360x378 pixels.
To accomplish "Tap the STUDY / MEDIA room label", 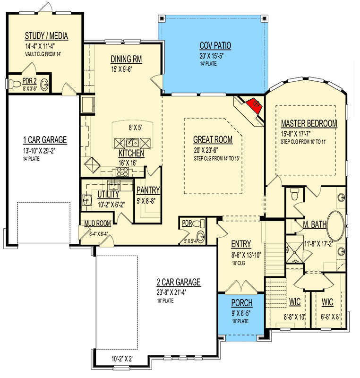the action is point(46,36).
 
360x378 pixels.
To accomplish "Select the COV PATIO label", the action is point(215,45).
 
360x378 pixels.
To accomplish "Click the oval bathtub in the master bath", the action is point(335,226).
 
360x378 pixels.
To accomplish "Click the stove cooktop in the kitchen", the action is point(122,172).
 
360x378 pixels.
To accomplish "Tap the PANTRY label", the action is point(148,190).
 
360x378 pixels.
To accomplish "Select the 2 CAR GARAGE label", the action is point(179,282).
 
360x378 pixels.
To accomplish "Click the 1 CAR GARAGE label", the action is point(45,140).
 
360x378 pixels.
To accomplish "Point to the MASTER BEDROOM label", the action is point(309,123).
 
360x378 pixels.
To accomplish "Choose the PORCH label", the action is point(242,303).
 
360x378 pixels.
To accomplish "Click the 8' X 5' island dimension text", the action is point(135,128).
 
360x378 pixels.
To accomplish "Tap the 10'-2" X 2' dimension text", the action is point(122,359).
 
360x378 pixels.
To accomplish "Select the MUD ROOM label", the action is point(98,223).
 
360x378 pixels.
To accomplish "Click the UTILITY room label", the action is point(108,194).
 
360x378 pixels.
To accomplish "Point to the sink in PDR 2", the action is point(44,85).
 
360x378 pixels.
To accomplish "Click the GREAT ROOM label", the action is point(213,139).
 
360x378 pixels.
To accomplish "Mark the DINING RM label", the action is point(126,59).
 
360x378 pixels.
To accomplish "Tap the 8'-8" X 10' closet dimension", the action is point(295,317).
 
